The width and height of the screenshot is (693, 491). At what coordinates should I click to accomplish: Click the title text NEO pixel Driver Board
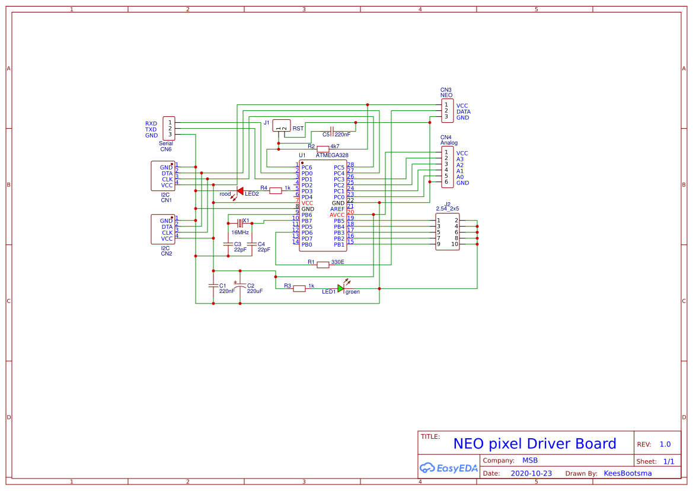[x=534, y=444]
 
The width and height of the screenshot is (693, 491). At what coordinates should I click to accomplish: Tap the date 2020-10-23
[x=531, y=474]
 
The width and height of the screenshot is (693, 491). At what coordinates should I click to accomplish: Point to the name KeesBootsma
[x=627, y=474]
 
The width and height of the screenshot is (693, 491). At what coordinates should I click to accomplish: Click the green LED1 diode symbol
[x=341, y=288]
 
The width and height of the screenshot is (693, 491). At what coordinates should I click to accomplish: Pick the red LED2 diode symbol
[x=239, y=191]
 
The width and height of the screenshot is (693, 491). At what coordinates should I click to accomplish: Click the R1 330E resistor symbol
[x=322, y=264]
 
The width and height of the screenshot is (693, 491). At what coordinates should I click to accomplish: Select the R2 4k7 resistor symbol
[x=323, y=148]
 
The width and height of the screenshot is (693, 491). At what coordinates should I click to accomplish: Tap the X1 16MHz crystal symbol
[x=240, y=223]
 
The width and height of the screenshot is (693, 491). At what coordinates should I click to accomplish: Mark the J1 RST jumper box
[x=281, y=126]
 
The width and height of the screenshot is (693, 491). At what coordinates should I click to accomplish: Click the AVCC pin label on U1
[x=337, y=215]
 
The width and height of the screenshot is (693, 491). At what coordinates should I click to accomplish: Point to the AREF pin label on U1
[x=337, y=209]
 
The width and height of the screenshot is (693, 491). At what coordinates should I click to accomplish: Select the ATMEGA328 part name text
[x=332, y=155]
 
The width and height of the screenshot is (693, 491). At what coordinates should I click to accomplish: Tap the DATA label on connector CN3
[x=463, y=111]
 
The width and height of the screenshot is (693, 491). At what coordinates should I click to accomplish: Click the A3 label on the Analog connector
[x=460, y=159]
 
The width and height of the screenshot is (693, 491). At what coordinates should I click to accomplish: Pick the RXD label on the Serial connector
[x=151, y=123]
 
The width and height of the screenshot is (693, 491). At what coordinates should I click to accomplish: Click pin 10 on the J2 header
[x=455, y=244]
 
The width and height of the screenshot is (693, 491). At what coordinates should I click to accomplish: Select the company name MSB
[x=530, y=460]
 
